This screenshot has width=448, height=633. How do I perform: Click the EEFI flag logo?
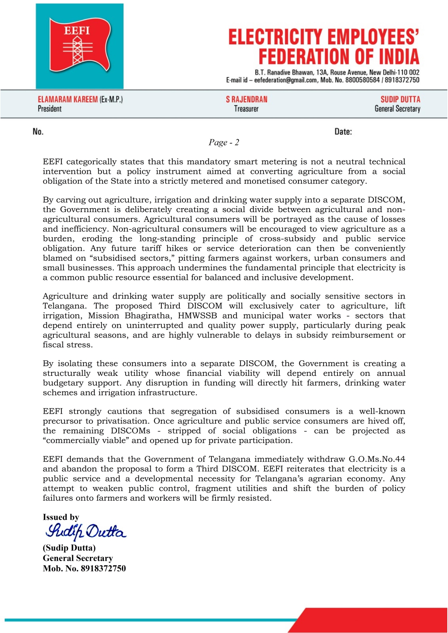click(79, 46)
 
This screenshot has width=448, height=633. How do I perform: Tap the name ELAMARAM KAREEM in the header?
click(68, 100)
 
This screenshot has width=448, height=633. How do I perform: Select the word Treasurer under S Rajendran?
click(246, 109)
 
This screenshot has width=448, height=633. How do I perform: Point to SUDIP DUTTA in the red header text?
click(400, 100)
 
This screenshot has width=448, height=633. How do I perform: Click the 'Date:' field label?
click(343, 132)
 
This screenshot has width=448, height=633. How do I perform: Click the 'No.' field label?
click(38, 132)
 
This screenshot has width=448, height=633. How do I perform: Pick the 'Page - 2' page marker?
click(224, 142)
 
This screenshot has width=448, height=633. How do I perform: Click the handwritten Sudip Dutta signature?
click(86, 532)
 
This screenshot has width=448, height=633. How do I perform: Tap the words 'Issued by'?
click(61, 517)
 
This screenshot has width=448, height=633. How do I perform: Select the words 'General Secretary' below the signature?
click(78, 558)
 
